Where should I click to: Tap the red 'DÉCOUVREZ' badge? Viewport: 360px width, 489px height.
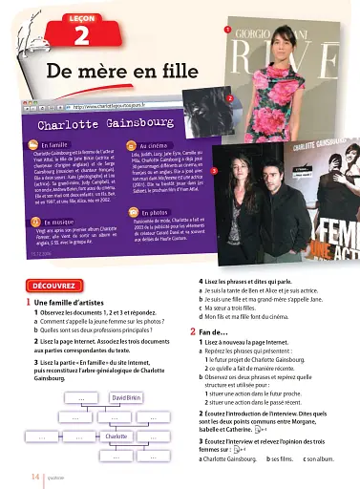tap(54, 285)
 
